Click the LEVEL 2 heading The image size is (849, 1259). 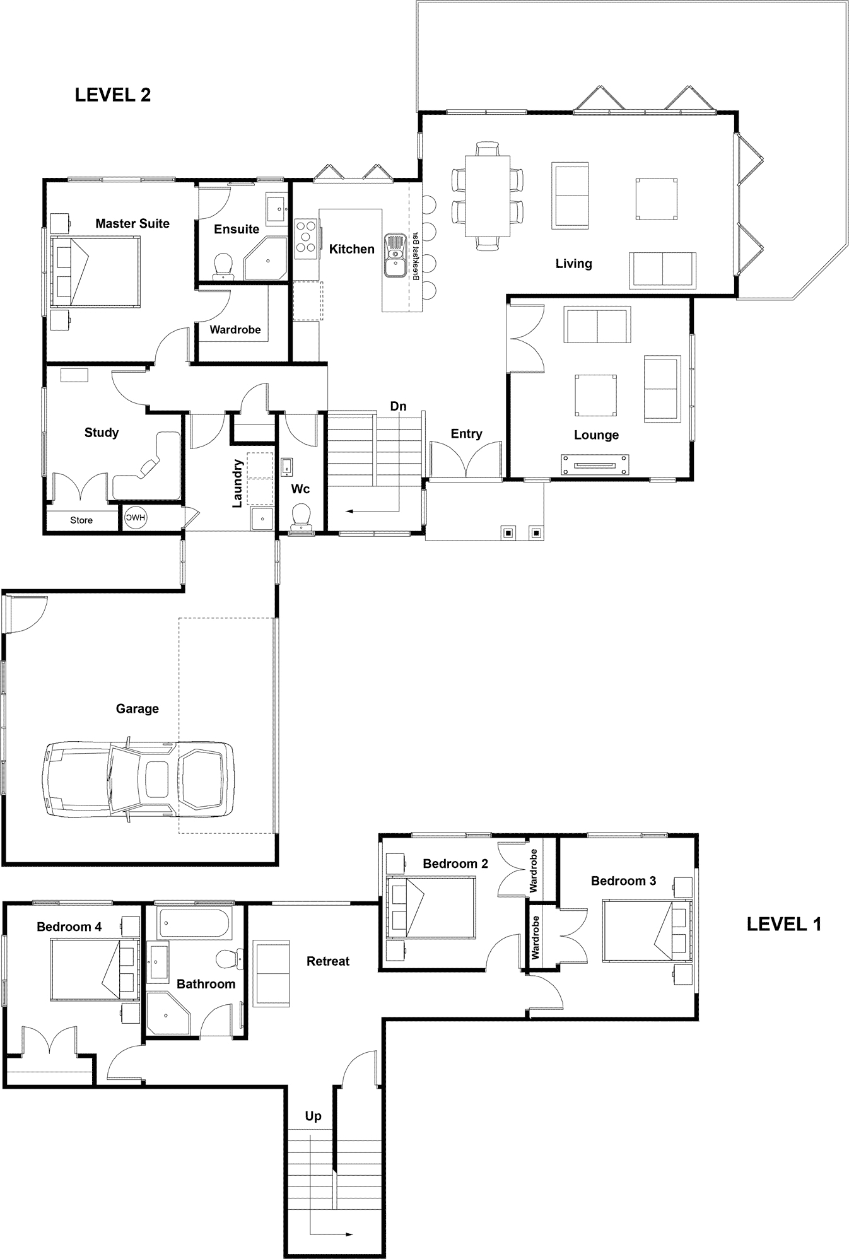coord(113,95)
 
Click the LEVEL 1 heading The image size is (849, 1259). coord(784,925)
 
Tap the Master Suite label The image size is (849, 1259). coord(132,223)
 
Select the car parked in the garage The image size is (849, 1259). coord(138,780)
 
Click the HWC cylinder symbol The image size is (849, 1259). coord(135,518)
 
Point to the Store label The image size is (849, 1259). coord(81,520)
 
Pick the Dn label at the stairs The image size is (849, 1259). coord(399,406)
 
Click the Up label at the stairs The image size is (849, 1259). coord(313,1116)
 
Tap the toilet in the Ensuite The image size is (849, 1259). coord(223,266)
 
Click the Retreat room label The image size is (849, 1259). coord(328,961)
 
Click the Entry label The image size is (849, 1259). coord(467,434)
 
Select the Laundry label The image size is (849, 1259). coord(238,483)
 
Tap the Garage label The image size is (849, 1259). coord(138,709)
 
